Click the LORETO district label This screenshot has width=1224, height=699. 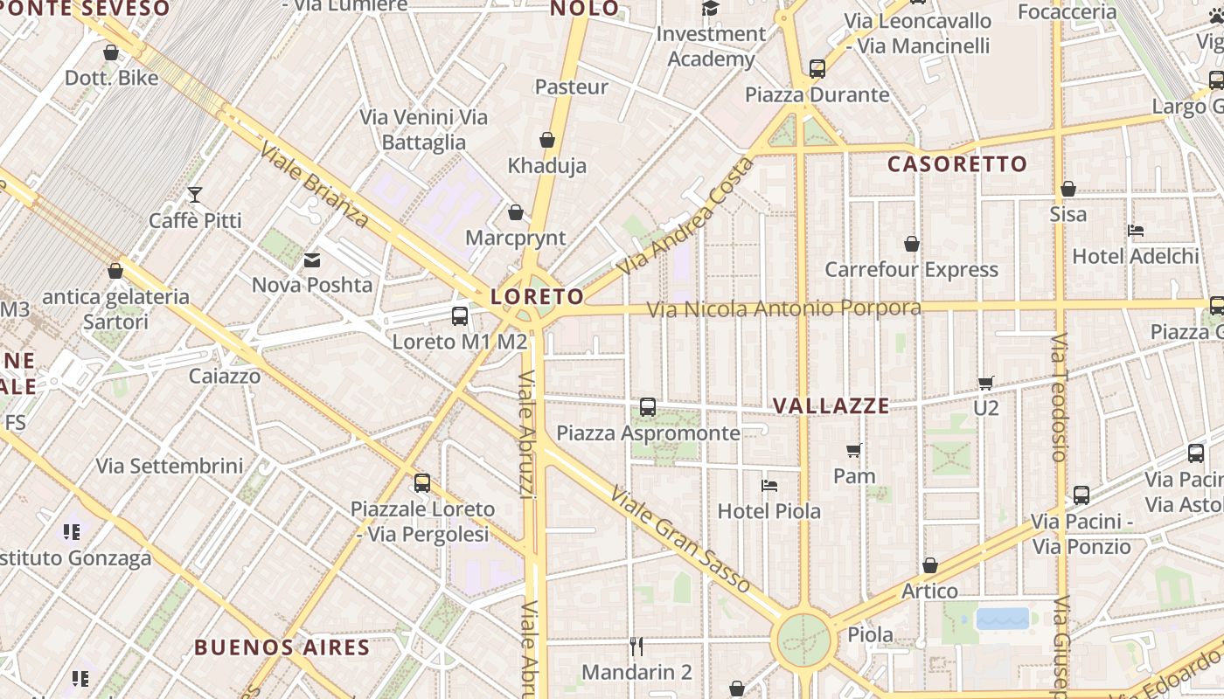click(537, 297)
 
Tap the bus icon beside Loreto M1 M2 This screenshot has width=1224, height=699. click(460, 316)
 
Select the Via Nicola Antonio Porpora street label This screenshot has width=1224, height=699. click(783, 309)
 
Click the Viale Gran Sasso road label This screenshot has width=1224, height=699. click(680, 540)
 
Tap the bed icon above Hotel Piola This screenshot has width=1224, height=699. click(769, 486)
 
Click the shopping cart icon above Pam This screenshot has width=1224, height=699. click(854, 451)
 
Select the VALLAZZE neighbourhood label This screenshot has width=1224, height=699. click(831, 406)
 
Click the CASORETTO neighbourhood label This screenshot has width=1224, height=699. click(957, 164)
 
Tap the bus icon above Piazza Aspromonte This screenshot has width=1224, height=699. click(648, 407)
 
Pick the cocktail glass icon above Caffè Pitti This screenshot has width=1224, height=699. click(195, 195)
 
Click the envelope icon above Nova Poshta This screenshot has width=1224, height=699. click(312, 260)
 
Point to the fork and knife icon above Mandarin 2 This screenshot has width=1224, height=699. click(636, 647)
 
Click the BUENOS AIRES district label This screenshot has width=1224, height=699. click(282, 648)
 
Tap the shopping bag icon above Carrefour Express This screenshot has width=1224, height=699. click(912, 244)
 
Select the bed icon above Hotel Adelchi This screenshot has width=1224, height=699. click(1136, 231)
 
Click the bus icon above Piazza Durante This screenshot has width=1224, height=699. click(817, 68)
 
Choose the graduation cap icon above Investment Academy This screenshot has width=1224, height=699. click(711, 9)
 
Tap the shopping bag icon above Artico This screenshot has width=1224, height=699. click(930, 565)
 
